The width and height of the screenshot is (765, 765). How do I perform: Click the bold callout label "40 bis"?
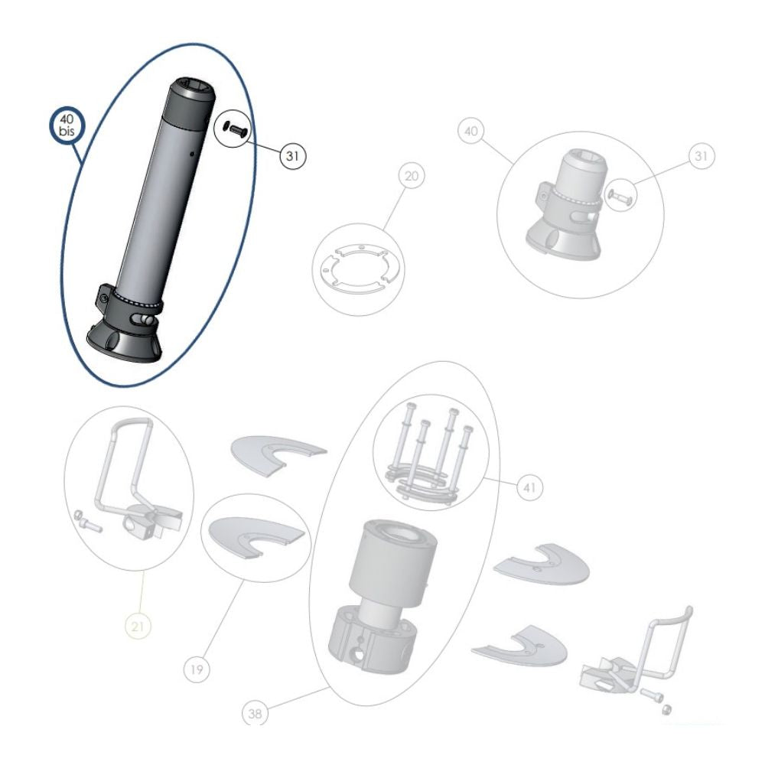tap(66, 125)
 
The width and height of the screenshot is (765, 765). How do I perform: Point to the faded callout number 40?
tap(472, 131)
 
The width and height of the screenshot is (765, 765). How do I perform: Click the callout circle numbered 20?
tap(412, 177)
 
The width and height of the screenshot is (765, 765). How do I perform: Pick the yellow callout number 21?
tap(138, 627)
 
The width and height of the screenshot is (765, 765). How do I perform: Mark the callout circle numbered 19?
tap(197, 670)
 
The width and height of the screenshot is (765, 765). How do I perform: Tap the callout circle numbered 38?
tap(255, 714)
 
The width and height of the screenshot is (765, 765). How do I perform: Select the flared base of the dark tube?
tap(125, 342)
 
